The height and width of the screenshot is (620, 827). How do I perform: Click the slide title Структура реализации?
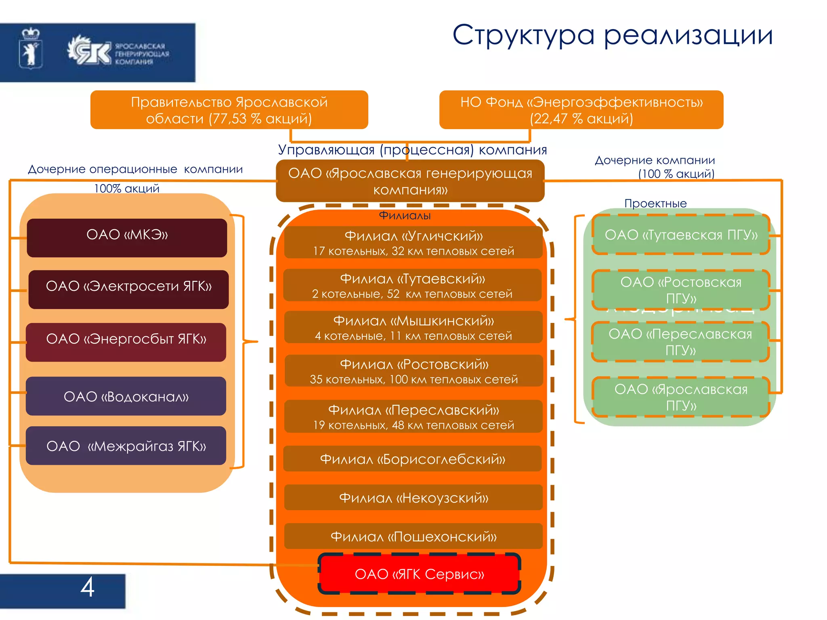click(612, 36)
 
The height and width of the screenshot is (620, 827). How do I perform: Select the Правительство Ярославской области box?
click(229, 110)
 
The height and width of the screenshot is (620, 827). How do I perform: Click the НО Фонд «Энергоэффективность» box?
click(581, 110)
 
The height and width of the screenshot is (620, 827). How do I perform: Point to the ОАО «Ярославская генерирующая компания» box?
click(410, 181)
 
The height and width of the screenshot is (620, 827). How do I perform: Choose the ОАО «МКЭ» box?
click(127, 238)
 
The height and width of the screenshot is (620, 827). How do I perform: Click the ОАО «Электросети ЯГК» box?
click(128, 289)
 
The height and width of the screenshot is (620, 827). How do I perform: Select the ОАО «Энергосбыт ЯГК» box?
click(126, 342)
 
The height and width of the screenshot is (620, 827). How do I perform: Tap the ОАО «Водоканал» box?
click(126, 396)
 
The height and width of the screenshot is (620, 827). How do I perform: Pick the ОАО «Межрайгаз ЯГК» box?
click(126, 446)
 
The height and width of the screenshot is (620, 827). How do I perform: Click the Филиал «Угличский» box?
click(413, 242)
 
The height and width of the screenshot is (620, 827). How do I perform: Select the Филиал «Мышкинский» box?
click(413, 327)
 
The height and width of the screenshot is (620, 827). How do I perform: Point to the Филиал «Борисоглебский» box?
click(412, 459)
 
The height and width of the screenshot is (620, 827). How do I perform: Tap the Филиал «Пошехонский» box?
click(413, 536)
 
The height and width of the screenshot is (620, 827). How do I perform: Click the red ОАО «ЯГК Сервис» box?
click(419, 574)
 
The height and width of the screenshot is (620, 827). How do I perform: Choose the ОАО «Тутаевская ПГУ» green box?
click(681, 235)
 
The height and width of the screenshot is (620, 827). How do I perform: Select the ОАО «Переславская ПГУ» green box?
click(680, 341)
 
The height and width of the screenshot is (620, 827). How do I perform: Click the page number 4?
click(87, 588)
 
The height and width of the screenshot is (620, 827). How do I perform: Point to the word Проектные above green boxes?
click(655, 203)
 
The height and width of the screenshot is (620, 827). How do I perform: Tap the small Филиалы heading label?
click(405, 216)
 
